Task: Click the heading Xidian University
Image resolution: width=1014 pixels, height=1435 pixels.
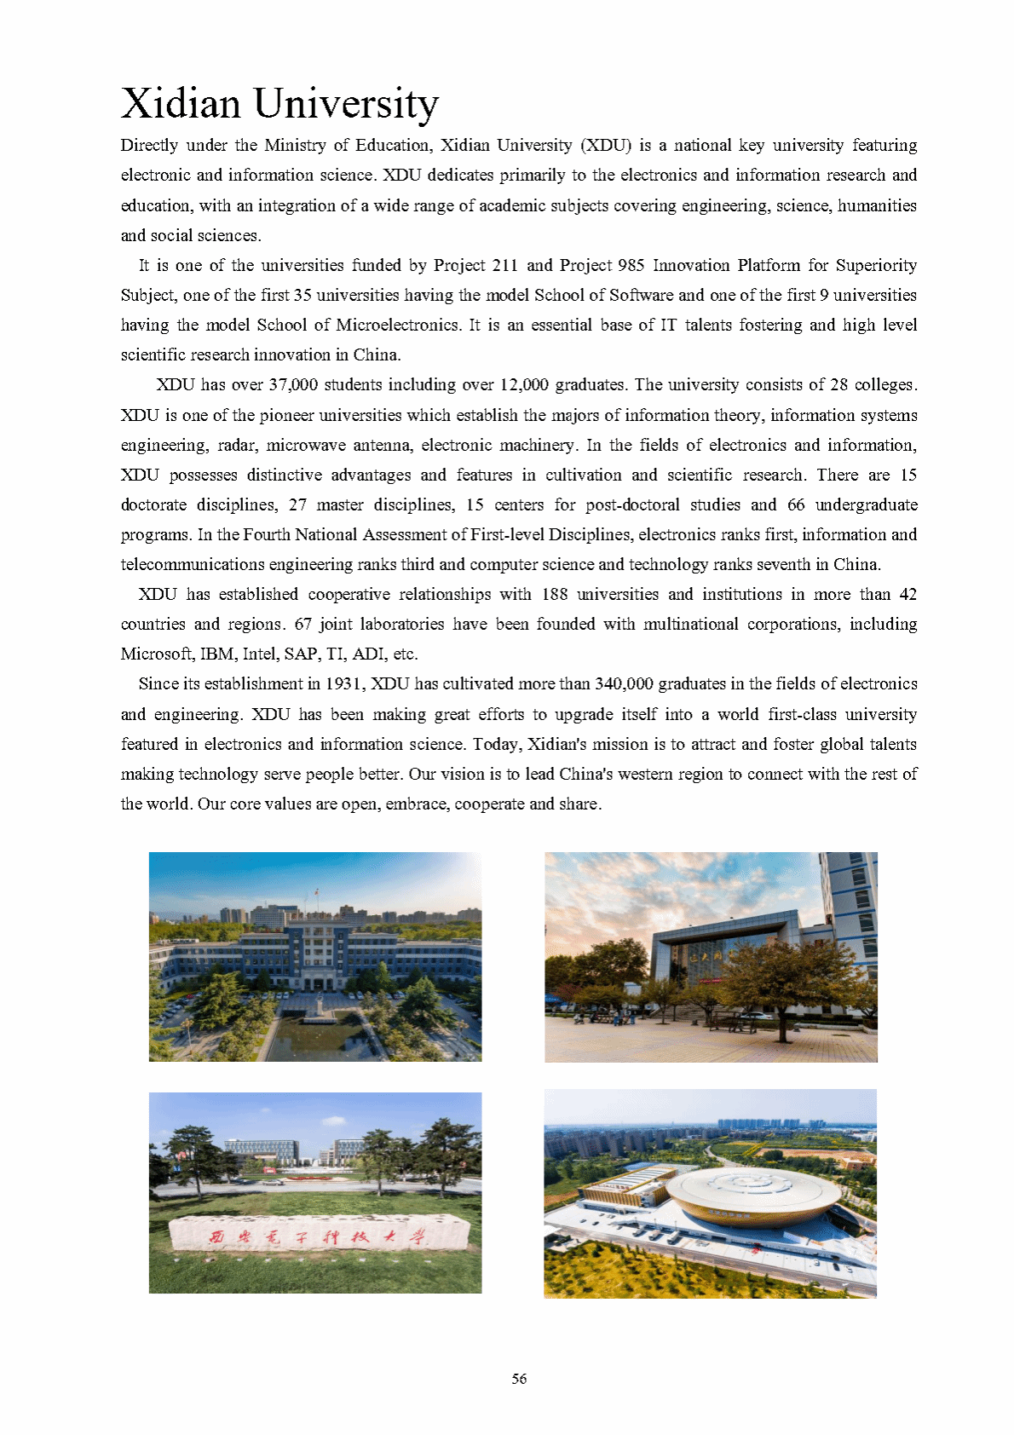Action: click(279, 104)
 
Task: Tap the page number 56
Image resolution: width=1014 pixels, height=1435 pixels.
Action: click(519, 1378)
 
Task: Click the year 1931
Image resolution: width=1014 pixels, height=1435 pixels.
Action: click(344, 683)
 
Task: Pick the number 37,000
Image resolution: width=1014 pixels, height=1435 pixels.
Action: click(293, 384)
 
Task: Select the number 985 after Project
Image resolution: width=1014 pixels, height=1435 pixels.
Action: click(631, 265)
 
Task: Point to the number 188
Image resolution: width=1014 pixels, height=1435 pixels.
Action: click(554, 594)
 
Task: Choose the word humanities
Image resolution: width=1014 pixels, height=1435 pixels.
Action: click(877, 205)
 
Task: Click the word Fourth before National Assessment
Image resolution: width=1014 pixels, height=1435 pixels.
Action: click(266, 534)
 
